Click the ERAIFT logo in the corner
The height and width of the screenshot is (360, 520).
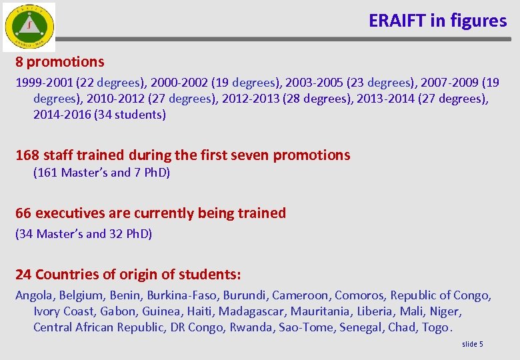[28, 27]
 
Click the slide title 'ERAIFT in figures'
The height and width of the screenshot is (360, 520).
[437, 21]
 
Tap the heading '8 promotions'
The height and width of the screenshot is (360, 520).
[60, 62]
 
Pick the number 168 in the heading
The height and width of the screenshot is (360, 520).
[27, 155]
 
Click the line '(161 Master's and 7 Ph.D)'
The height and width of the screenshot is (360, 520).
[101, 173]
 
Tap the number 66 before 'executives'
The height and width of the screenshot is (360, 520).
[23, 213]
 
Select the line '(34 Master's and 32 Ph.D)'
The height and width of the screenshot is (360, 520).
[84, 234]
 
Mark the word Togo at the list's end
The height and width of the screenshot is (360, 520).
[437, 327]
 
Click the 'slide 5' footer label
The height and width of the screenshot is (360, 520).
[472, 344]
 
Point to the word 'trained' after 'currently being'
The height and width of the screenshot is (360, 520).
[261, 213]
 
